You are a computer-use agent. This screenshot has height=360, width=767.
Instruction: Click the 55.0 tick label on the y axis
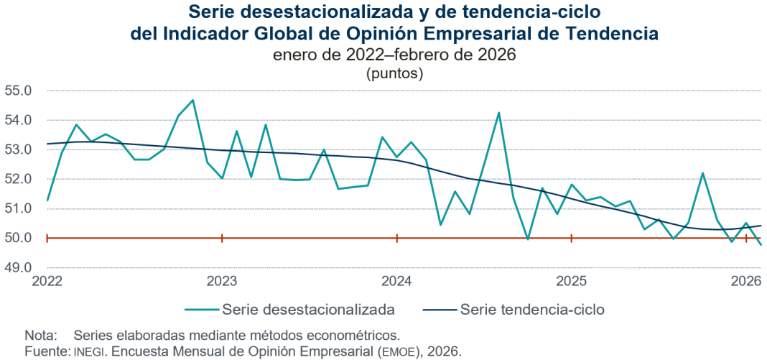[19, 91]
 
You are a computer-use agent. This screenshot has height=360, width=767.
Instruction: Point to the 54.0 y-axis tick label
[19, 121]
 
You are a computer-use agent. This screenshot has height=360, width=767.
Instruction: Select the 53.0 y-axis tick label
[19, 150]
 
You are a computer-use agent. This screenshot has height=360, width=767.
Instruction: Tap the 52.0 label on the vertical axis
[19, 180]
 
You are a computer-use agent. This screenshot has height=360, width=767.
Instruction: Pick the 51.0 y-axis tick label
[19, 209]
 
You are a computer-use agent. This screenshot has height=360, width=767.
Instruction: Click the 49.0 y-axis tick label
[19, 268]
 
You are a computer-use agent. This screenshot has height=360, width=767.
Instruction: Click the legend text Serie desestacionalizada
[309, 310]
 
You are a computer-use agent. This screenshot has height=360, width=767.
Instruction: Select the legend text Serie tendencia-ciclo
[532, 310]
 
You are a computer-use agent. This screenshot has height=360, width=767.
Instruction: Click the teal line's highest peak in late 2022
[193, 101]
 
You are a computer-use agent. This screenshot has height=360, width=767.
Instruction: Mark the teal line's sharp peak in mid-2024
[498, 113]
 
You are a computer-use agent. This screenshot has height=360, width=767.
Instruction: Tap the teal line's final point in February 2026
[761, 245]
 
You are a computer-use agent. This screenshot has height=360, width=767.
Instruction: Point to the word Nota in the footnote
[39, 336]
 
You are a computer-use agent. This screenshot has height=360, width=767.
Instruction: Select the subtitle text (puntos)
[394, 73]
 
